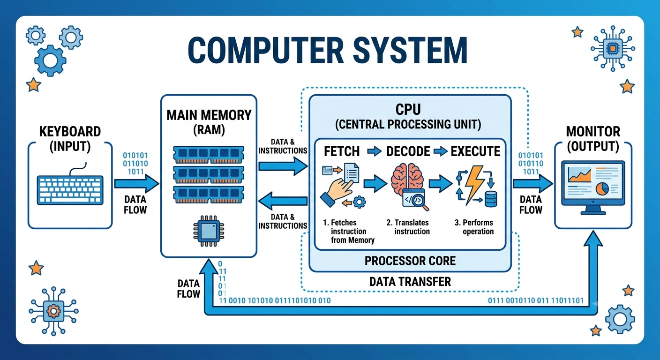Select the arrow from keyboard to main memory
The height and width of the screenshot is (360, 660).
137,184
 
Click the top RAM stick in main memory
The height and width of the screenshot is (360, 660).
209,154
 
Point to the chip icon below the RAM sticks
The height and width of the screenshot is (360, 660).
209,231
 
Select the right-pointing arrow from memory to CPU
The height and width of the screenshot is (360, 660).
283,166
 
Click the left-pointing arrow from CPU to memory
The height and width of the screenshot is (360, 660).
283,201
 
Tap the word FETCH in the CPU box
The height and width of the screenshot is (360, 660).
342,151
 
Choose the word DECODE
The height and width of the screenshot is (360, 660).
408,151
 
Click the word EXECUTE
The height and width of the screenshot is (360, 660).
475,151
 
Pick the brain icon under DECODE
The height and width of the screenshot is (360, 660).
407,179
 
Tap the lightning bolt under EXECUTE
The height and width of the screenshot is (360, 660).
473,184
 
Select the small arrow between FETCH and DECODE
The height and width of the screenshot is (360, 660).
374,151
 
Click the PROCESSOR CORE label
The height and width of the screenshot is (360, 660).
410,261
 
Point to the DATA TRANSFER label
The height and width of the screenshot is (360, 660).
410,282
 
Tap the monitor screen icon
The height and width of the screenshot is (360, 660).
593,187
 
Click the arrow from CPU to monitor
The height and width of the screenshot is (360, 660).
532,184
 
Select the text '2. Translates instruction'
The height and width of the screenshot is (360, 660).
408,227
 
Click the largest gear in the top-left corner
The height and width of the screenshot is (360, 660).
50,60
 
